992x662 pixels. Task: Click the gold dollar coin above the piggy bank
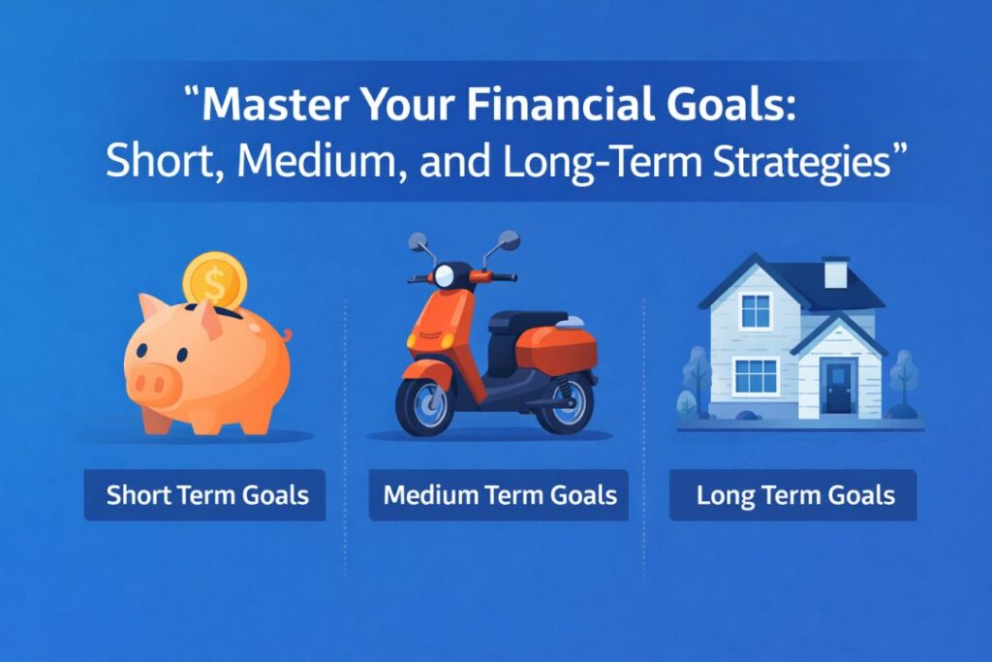tap(214, 281)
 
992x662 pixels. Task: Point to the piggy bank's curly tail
tap(286, 335)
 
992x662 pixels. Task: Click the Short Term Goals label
tap(207, 495)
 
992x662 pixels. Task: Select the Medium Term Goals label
tap(499, 495)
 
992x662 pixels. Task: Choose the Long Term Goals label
tap(794, 495)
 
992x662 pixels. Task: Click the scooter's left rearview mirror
tap(418, 241)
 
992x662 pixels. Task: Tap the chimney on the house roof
tap(834, 271)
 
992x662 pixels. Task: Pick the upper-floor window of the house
tap(756, 311)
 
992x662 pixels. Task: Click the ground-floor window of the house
tap(756, 376)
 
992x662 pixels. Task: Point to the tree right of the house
tap(903, 381)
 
